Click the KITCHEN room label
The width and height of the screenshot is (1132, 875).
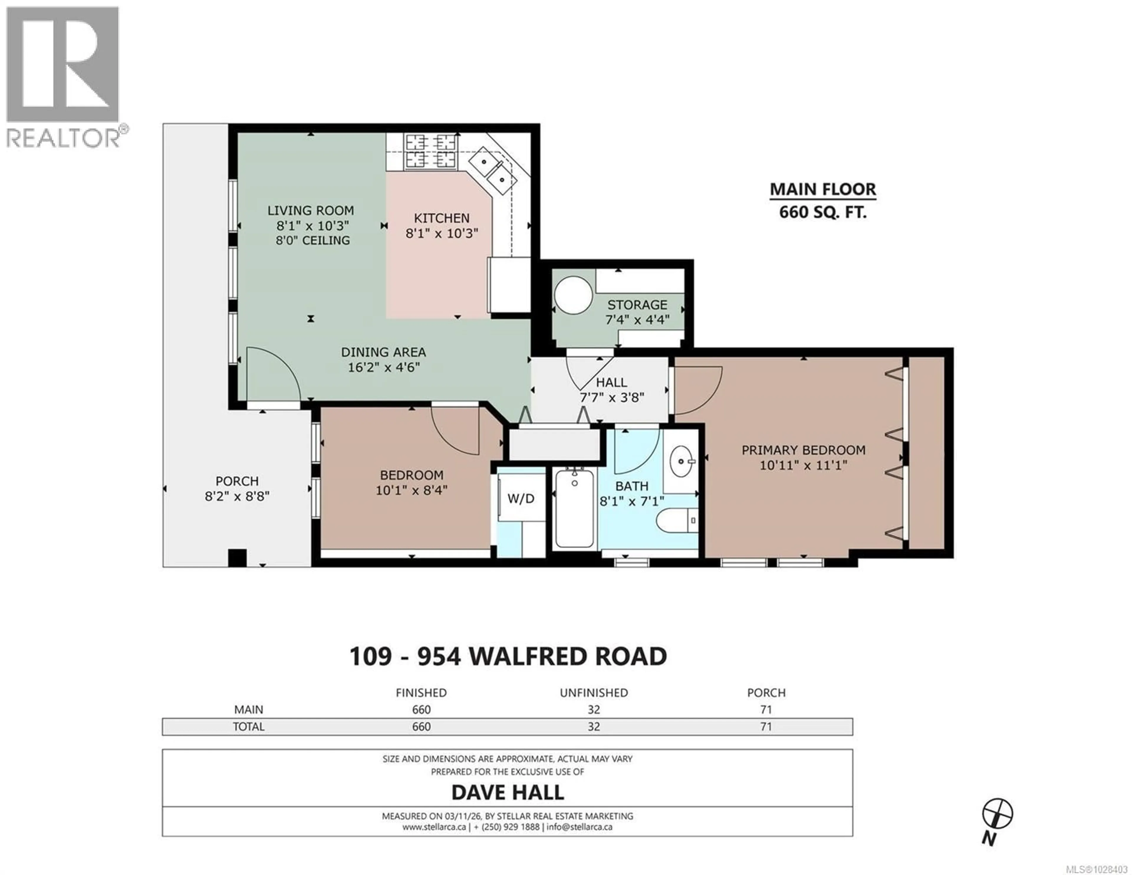pyautogui.click(x=442, y=218)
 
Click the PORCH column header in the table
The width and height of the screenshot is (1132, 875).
pyautogui.click(x=766, y=693)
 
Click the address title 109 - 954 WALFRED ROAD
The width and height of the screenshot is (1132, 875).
pyautogui.click(x=508, y=656)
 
